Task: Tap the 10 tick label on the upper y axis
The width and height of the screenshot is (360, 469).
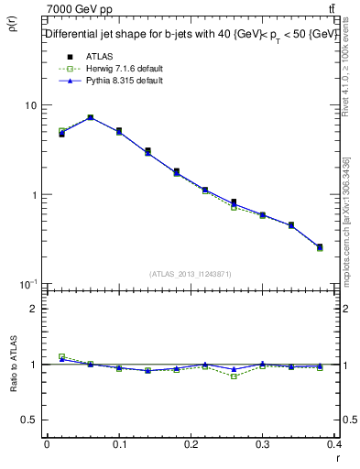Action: point(30,105)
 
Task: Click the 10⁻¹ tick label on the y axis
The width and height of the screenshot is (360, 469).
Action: point(28,284)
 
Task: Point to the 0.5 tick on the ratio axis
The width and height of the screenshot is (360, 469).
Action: point(30,420)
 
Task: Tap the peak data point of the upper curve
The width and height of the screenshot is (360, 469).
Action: point(90,117)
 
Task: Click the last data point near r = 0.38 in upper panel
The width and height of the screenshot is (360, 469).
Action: point(320,246)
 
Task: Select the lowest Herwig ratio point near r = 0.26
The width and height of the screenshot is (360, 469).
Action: point(234,376)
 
